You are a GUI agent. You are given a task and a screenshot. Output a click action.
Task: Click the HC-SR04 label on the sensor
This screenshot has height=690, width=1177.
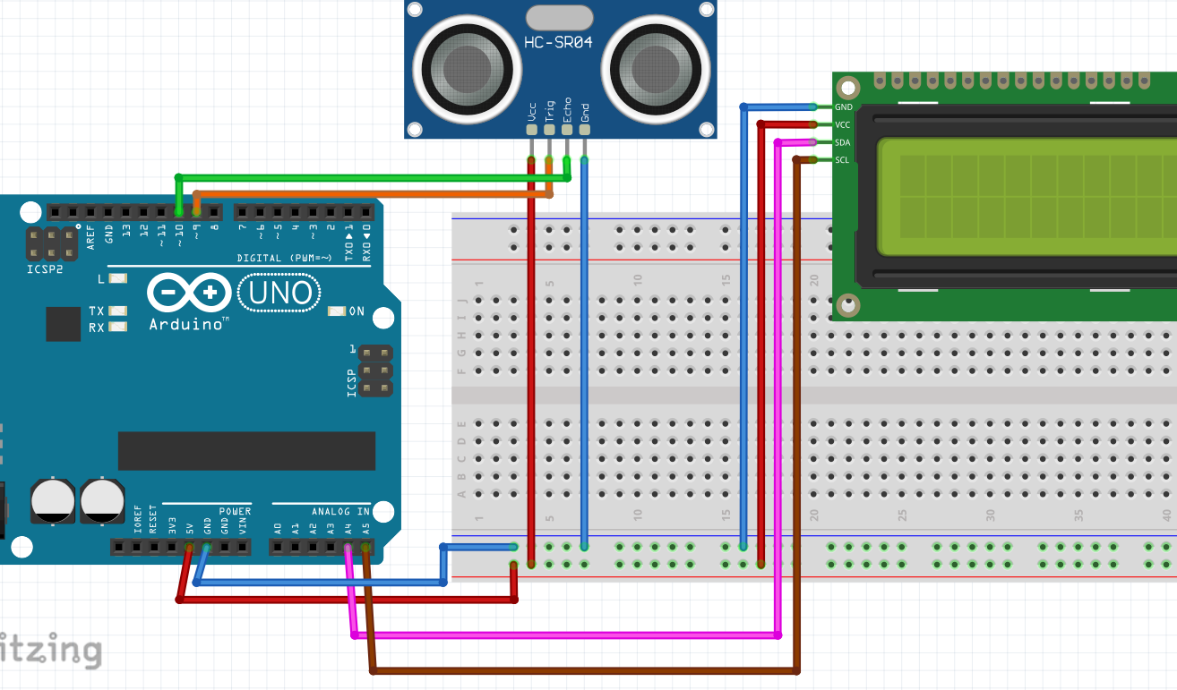560,42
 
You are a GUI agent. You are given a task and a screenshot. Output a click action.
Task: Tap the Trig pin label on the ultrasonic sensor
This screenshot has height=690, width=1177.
550,111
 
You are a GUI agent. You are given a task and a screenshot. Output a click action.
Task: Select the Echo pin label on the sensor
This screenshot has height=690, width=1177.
567,109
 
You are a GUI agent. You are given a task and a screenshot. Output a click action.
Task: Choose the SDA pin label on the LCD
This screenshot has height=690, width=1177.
842,142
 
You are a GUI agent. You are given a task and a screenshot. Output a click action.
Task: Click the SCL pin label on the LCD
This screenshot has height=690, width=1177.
842,160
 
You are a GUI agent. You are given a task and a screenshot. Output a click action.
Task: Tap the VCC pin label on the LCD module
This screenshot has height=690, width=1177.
842,124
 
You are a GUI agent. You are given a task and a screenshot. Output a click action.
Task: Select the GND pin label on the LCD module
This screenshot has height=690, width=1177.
842,106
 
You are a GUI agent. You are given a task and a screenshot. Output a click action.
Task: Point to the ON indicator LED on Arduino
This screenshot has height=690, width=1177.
337,311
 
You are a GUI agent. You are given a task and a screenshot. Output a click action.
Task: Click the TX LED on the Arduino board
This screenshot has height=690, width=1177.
117,311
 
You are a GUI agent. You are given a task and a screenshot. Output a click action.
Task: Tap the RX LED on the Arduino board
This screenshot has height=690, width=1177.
117,328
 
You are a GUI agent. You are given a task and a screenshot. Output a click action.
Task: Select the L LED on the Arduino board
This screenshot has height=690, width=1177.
118,278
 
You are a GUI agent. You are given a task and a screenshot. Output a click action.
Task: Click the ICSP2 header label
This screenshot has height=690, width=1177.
45,267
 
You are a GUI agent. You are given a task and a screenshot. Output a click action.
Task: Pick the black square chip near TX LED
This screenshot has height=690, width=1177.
64,324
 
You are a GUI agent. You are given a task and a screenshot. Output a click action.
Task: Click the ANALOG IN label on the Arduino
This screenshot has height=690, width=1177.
340,511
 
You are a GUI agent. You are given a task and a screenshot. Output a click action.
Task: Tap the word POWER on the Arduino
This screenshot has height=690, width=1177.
235,511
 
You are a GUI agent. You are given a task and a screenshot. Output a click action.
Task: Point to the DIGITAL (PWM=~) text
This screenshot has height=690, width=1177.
285,258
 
